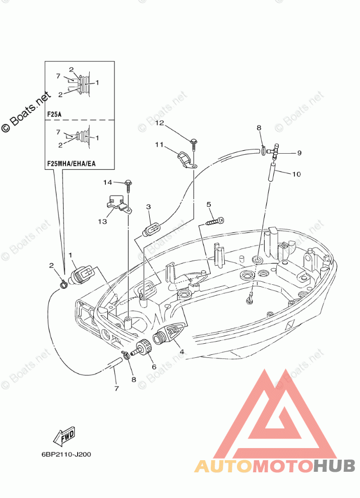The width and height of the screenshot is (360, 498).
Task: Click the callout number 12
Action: [159, 123]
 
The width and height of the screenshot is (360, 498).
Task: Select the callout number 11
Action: [159, 145]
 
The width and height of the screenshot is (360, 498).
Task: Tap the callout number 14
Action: [108, 182]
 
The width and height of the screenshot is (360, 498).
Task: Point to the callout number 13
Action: [102, 221]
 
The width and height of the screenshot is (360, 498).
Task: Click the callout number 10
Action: [296, 174]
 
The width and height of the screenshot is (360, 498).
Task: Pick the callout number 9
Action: [299, 153]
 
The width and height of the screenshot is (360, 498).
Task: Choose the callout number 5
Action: [209, 204]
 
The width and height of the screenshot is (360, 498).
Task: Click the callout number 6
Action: [154, 367]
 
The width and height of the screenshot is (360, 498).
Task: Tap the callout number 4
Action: [182, 352]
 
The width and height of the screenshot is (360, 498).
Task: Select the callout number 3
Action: [148, 207]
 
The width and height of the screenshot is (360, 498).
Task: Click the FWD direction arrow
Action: [64, 435]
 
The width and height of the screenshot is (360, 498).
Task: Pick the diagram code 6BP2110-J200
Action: [66, 455]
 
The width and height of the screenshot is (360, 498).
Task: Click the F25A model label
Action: [54, 114]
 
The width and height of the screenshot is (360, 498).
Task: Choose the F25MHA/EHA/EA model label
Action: [72, 164]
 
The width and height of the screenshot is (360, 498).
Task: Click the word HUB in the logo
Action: [334, 466]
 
